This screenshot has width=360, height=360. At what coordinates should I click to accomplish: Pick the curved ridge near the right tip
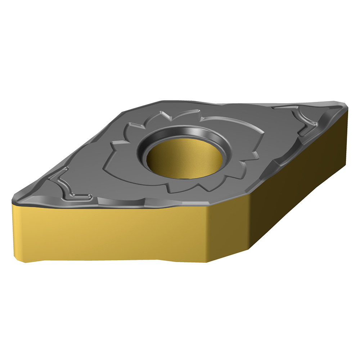[x=306, y=122]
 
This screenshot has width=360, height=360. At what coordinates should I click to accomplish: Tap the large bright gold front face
[x=108, y=230]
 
